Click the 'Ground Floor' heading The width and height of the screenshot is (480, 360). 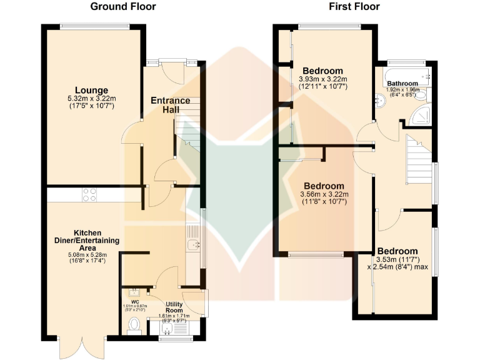coord(123,7)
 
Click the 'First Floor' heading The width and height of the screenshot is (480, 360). coord(354,7)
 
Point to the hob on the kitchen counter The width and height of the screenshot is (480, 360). coord(89,195)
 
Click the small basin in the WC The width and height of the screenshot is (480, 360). coord(134,291)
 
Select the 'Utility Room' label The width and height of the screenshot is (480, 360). coord(174,307)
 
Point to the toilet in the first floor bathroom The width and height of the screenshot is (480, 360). coord(422,94)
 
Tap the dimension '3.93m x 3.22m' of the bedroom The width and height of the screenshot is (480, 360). coord(322,79)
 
